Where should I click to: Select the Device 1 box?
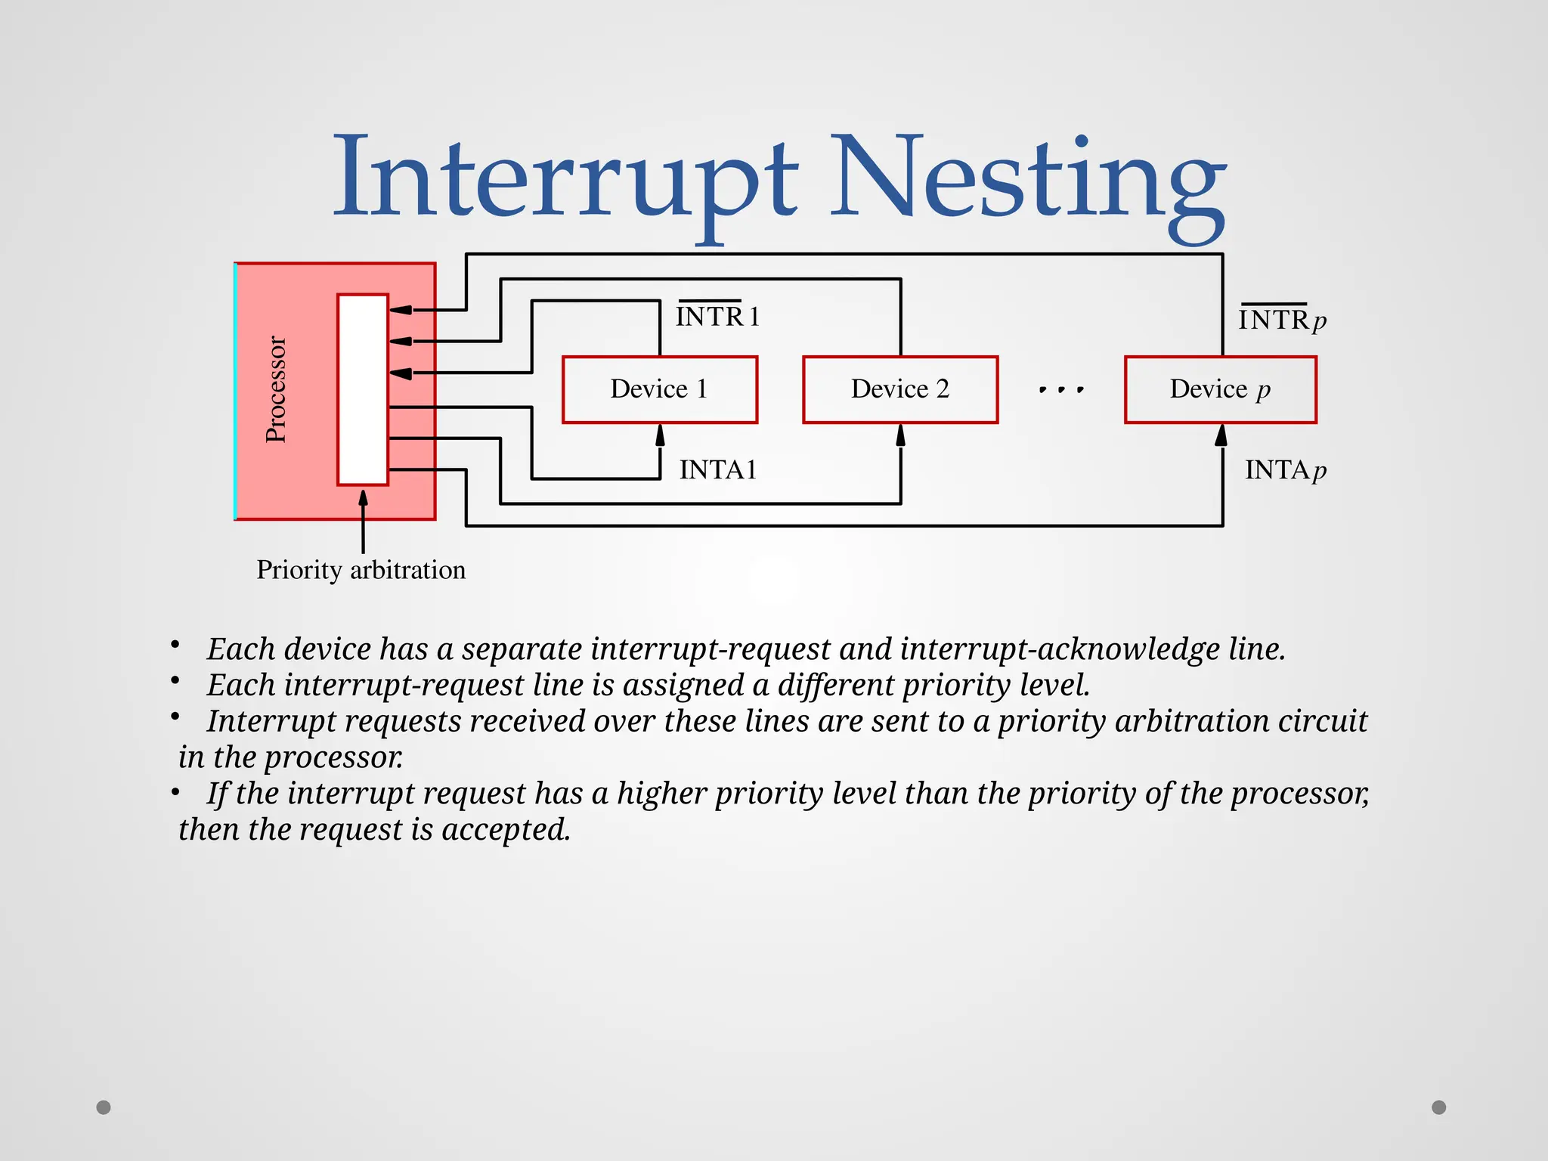(659, 389)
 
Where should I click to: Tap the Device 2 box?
(899, 389)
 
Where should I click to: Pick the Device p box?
(1220, 389)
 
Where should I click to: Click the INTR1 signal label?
(717, 317)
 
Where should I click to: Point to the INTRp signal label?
(1282, 320)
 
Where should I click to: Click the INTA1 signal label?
(717, 470)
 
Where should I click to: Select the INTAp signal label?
(1285, 470)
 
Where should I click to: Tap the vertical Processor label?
(276, 389)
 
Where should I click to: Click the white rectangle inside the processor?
(363, 389)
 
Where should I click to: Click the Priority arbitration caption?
(361, 570)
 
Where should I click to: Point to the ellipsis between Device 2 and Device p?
(1061, 390)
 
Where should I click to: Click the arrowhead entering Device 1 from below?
(660, 435)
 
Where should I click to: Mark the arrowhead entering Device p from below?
(1221, 435)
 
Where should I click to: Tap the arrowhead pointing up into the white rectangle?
(363, 498)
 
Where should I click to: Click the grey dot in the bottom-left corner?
(104, 1107)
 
